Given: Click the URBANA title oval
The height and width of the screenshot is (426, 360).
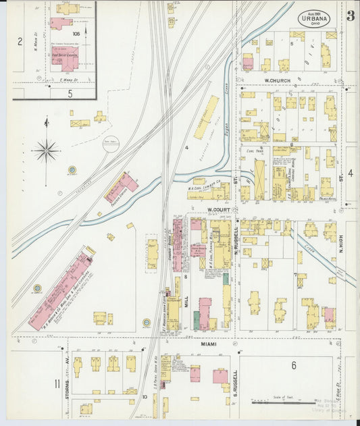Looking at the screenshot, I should click(315, 18).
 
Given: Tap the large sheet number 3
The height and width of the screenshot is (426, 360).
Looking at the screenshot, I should click(351, 17).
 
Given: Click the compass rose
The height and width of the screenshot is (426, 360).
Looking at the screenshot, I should click(46, 149).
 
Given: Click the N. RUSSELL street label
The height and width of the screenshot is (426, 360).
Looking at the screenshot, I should click(236, 237).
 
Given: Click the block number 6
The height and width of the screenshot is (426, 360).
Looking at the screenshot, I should click(294, 365).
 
